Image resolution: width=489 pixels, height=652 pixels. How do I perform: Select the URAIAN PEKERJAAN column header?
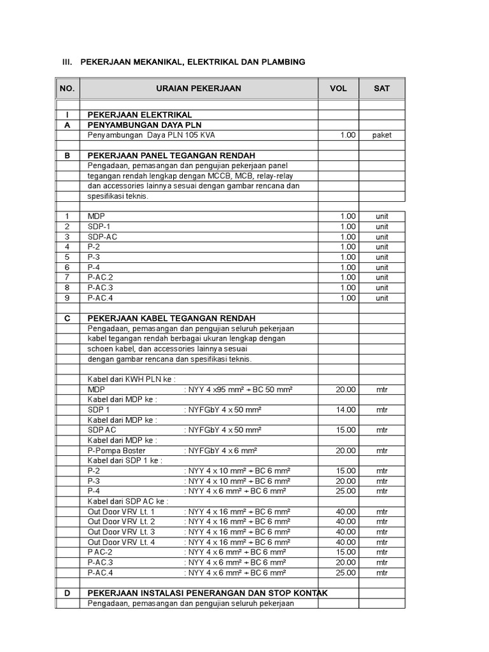[199, 89]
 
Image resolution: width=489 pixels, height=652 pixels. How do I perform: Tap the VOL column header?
[338, 89]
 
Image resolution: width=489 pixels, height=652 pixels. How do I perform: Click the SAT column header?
[381, 89]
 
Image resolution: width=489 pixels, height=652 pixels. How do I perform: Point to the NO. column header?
[67, 89]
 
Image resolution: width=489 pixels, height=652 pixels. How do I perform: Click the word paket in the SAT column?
[381, 135]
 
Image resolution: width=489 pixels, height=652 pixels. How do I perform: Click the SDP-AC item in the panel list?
[103, 237]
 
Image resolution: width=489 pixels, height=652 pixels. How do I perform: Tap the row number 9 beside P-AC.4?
[66, 298]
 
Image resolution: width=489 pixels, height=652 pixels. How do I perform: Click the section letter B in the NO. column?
[67, 155]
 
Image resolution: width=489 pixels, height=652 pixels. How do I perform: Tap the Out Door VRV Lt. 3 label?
[121, 532]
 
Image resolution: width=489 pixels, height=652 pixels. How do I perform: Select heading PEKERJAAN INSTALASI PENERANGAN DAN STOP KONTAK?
[207, 593]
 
